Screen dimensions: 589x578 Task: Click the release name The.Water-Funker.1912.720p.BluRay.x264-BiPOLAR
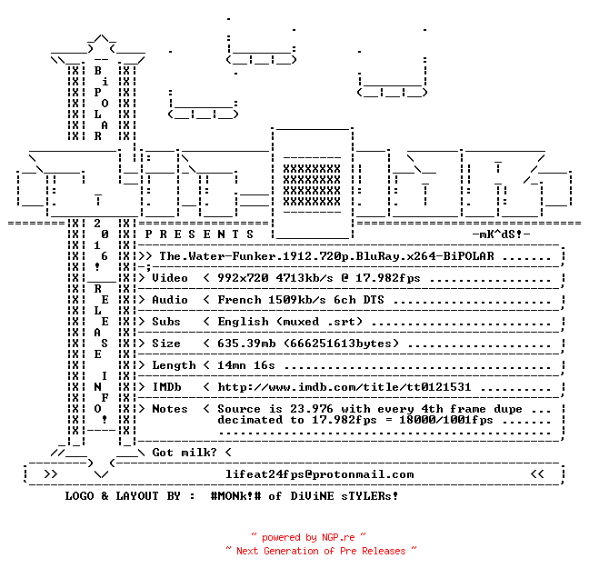pos(326,256)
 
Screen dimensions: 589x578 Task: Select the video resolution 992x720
pos(243,278)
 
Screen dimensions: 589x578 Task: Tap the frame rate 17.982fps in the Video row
pos(387,278)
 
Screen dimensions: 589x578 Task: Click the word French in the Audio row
pos(239,300)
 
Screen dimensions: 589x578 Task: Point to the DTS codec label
pos(374,300)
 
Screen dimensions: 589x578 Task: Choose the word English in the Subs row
pos(243,322)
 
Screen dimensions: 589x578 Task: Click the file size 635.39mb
pos(246,344)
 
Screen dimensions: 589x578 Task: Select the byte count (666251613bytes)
pos(341,344)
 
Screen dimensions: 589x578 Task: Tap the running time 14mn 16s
pos(246,365)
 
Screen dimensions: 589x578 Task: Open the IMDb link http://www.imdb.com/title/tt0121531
pos(344,387)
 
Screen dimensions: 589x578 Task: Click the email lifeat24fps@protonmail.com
pos(319,474)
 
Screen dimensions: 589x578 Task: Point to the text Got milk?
pos(185,453)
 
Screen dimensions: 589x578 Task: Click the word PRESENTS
pos(199,234)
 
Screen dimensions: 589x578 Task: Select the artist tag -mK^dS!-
pos(501,234)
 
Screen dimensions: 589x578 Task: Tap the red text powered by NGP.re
pos(308,537)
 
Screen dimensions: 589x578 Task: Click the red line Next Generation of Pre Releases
pos(321,551)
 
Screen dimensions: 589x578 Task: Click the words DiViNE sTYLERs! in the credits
pos(344,496)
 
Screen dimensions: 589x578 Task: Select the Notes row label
pos(169,409)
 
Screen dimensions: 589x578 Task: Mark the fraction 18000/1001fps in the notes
pos(446,420)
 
